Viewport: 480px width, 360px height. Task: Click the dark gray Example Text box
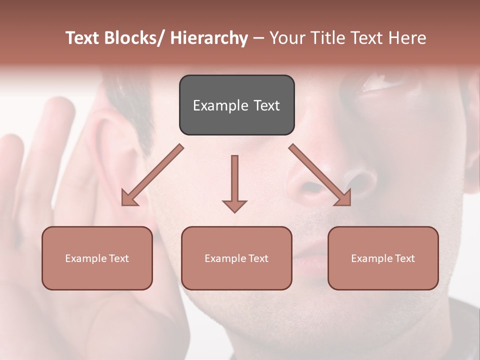[x=236, y=105]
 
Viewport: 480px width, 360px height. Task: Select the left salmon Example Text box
[x=97, y=258]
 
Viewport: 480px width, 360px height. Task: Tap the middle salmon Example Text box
[x=236, y=258]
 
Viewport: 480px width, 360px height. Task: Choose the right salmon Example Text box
[x=383, y=258]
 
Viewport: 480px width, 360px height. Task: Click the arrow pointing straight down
[x=234, y=183]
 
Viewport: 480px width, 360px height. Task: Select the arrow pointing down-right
[x=320, y=175]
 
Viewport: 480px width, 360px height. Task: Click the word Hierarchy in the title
[x=209, y=38]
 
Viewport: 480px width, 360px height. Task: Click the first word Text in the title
[x=83, y=38]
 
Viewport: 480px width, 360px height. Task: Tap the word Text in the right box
[x=404, y=258]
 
